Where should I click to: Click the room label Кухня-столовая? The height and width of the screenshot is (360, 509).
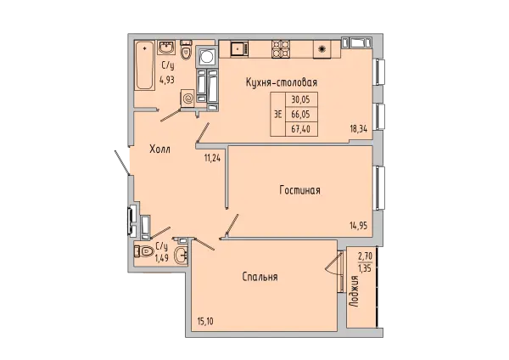point(282,82)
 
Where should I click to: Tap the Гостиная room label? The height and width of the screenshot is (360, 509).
point(300,190)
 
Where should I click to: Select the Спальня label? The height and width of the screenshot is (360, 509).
point(260,277)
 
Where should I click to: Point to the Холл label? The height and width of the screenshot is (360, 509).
point(159,149)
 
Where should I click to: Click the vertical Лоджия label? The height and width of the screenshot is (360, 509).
point(355,291)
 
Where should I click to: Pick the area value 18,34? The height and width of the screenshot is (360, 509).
point(358,129)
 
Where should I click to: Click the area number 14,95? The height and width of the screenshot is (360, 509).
point(358,226)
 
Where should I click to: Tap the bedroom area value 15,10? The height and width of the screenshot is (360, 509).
point(205,322)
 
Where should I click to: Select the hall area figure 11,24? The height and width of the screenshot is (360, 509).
point(212,158)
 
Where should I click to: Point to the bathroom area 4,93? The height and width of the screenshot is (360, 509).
point(167,79)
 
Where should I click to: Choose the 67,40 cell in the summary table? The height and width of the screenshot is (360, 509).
point(300,129)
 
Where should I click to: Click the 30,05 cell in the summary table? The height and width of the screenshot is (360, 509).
point(300,99)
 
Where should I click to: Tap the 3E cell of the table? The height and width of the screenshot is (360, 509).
point(278,115)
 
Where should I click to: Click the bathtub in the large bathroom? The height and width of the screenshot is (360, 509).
point(144,65)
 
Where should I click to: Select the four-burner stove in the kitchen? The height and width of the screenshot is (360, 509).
point(281,49)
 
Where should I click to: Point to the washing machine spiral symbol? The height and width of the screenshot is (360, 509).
point(188,98)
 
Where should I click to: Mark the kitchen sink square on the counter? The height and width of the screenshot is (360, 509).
point(239,49)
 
